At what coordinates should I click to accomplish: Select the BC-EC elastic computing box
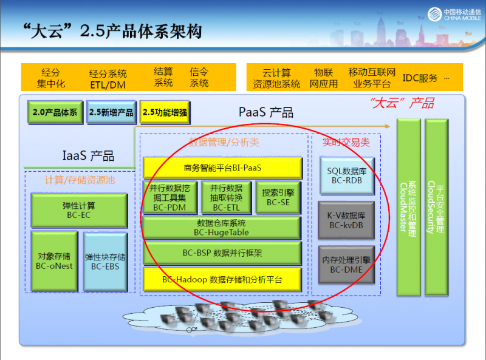[x=79, y=210]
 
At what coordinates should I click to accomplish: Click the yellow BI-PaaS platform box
[x=222, y=168]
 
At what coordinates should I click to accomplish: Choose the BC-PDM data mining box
[x=169, y=197]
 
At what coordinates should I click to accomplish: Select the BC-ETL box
[x=226, y=197]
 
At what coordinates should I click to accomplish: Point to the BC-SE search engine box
[x=278, y=197]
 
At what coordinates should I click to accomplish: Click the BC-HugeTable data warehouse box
[x=222, y=227]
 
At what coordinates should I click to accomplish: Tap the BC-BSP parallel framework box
[x=222, y=253]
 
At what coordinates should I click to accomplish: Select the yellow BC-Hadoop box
[x=222, y=280]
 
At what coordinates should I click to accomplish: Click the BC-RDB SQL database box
[x=346, y=176]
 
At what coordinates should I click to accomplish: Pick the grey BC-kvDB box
[x=346, y=220]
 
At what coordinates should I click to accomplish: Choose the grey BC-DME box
[x=346, y=265]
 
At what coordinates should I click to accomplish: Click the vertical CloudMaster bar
[x=408, y=206]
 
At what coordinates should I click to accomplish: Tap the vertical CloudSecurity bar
[x=436, y=206]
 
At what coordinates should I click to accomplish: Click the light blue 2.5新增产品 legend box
[x=111, y=112]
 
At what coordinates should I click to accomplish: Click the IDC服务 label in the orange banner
[x=420, y=78]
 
